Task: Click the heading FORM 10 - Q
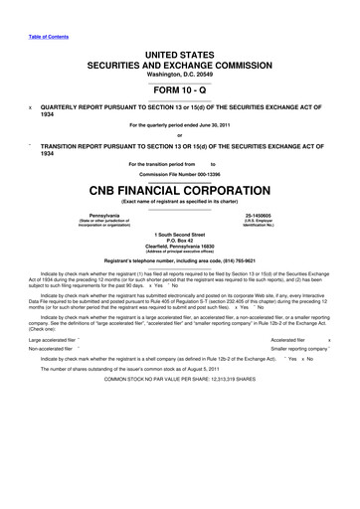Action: [x=180, y=85]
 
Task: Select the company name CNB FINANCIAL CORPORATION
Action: [x=180, y=186]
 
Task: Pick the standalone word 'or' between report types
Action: [x=180, y=136]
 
